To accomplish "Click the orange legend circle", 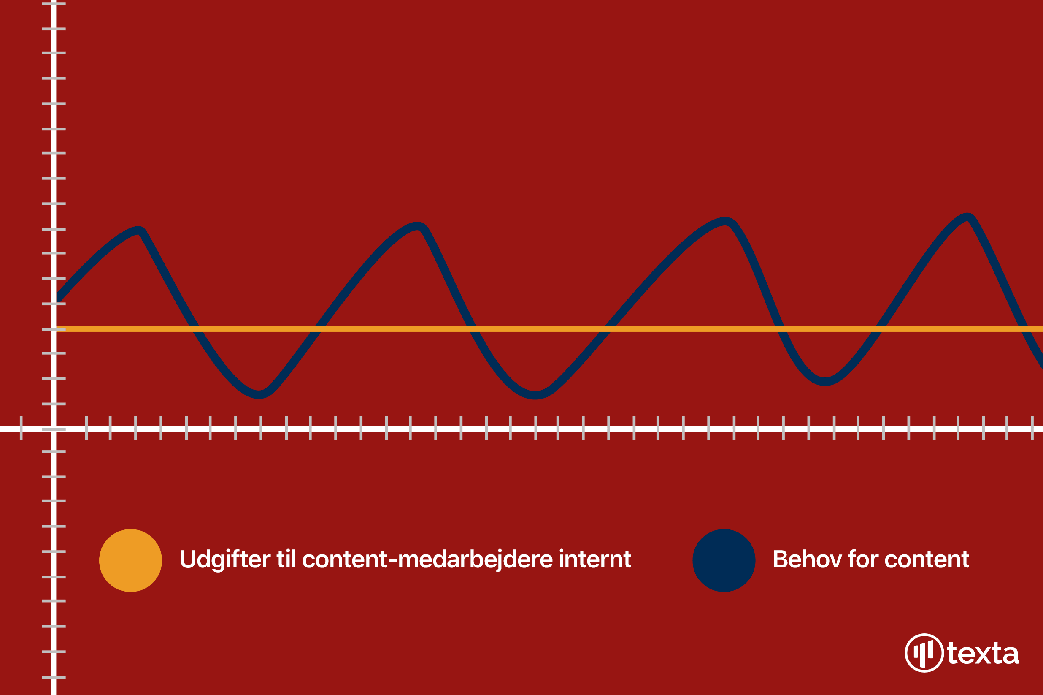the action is coord(130,560).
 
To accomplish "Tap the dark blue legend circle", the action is coord(724,560).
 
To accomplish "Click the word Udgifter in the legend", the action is coord(225,560).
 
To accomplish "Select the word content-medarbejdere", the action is coord(427,560).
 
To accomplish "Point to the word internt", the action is coord(595,559).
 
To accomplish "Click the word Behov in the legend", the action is coord(807,559).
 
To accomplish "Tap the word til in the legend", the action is coord(286,559).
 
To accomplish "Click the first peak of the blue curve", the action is coord(140,230).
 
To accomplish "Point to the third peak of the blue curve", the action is coord(725,221).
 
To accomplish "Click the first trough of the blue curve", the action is coord(259,395).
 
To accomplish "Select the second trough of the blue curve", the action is coord(535,395).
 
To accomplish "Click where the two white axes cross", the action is coord(54,429).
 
